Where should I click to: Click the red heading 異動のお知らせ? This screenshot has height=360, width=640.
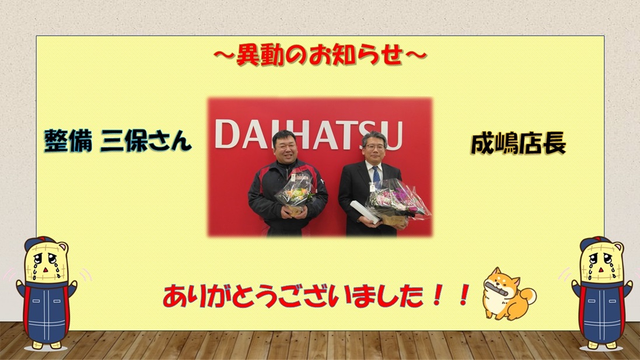pos(320,55)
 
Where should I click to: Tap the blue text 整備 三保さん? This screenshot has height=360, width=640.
pos(117,141)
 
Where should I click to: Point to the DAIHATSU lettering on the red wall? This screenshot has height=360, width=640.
pos(309,134)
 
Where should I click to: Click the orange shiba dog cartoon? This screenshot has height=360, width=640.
pos(509,293)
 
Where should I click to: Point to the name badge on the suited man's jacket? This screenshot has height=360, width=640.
pos(372,187)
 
